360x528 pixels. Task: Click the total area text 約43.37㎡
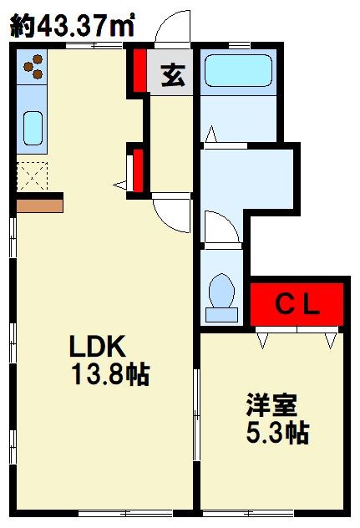pos(73,24)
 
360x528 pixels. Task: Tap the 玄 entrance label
pos(173,74)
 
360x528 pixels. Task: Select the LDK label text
pos(98,346)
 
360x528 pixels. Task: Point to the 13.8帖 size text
pos(110,374)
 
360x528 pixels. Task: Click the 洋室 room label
pos(271,405)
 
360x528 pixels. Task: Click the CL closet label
pos(297,304)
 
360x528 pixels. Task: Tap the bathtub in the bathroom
pos(238,71)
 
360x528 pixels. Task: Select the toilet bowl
pos(221,290)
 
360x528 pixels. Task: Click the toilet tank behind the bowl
pos(221,315)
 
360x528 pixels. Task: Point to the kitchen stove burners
pos(33,67)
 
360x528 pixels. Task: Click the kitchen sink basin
pos(33,128)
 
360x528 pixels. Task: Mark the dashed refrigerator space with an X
pos(33,176)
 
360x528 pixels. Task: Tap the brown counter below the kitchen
pos(40,206)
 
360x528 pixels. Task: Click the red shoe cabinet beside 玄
pos(139,70)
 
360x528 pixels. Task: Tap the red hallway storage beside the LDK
pos(139,170)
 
